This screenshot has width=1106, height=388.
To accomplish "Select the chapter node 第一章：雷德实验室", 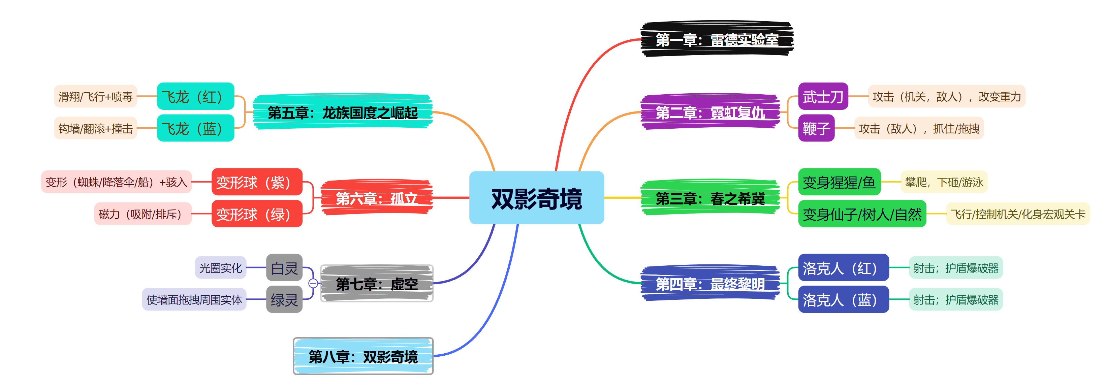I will pyautogui.click(x=717, y=39).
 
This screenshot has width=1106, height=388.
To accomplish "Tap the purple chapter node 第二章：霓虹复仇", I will pyautogui.click(x=710, y=112).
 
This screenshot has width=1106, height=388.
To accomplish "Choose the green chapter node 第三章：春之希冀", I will pyautogui.click(x=710, y=198).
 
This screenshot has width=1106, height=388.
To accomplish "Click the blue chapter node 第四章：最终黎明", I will pyautogui.click(x=710, y=284).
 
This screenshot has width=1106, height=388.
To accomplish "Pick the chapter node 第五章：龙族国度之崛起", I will pyautogui.click(x=342, y=112).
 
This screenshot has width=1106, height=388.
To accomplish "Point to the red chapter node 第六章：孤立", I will pyautogui.click(x=377, y=198).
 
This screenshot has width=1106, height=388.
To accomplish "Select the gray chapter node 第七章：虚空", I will pyautogui.click(x=377, y=284).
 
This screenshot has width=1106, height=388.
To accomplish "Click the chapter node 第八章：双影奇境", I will pyautogui.click(x=363, y=356).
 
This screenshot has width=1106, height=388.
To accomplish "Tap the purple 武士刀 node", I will pyautogui.click(x=823, y=97).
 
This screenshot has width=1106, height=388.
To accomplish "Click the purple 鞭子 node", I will pyautogui.click(x=816, y=128).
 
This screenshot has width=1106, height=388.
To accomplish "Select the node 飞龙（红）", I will pyautogui.click(x=195, y=97).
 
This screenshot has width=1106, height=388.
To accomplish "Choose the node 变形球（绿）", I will pyautogui.click(x=257, y=214).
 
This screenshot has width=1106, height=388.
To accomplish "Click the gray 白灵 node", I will pyautogui.click(x=284, y=268).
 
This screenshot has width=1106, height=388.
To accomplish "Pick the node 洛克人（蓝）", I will pyautogui.click(x=843, y=299).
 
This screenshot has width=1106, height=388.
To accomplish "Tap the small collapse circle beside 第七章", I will pyautogui.click(x=313, y=283).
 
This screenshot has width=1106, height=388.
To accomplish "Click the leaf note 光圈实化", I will pyautogui.click(x=221, y=268).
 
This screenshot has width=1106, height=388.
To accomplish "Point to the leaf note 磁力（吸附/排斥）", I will pyautogui.click(x=143, y=214).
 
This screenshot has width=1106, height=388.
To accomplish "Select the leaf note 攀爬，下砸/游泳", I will pyautogui.click(x=944, y=182).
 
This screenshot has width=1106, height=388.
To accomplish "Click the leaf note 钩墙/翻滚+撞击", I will pyautogui.click(x=95, y=128).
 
